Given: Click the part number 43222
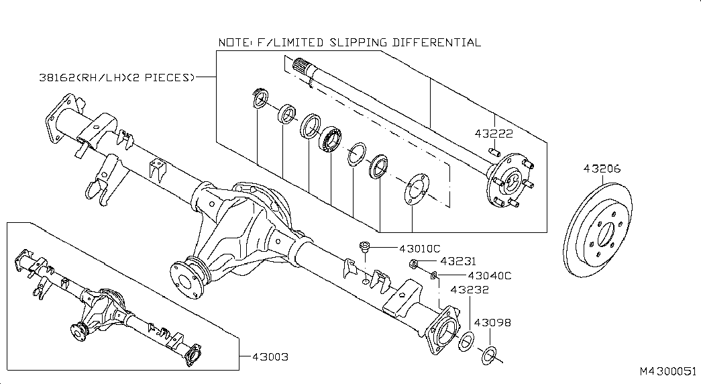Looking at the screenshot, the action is coord(494,134).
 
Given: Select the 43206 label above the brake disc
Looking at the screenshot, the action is coord(602,169).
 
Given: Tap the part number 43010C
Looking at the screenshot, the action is coord(420,248).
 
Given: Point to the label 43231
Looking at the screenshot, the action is coord(458,261).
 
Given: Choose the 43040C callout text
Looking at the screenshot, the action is coord(490,276).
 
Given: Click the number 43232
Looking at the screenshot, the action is coord(470,289).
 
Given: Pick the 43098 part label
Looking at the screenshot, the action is coord(492,322).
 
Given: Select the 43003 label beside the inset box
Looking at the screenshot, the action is coord(270,357).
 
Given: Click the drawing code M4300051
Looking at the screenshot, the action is coord(668,371).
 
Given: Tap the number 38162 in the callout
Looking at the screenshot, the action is coord(57,77).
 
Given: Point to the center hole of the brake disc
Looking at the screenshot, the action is coord(605,234).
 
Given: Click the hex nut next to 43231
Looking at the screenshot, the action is coord(413,265).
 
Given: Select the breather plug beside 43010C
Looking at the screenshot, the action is coord(365,246).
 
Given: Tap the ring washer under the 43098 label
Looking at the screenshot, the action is coord(489,354).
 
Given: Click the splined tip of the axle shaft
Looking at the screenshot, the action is coord(303,68).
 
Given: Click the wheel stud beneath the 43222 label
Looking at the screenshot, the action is coord(494,151).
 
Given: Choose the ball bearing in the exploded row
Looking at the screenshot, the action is coord(331,138).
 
